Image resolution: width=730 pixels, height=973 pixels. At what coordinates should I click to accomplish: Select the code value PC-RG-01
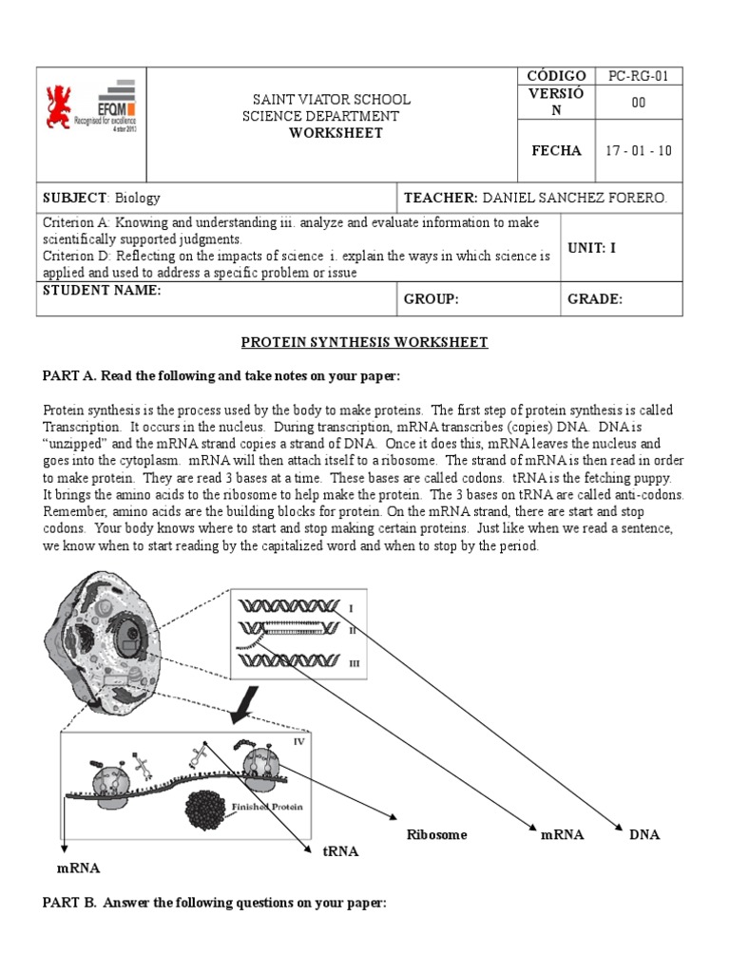[x=638, y=76]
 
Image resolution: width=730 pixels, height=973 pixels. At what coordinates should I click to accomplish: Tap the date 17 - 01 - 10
[x=638, y=150]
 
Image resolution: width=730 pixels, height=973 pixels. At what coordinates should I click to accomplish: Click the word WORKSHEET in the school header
[x=336, y=133]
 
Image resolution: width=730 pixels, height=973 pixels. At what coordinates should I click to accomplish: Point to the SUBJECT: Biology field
[x=102, y=198]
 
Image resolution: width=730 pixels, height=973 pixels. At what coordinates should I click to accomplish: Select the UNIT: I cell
[x=592, y=248]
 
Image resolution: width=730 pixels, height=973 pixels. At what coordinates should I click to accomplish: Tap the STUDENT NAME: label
[x=102, y=291]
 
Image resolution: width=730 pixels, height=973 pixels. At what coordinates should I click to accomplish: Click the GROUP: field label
[x=432, y=299]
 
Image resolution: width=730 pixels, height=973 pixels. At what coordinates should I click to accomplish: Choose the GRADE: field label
[x=595, y=299]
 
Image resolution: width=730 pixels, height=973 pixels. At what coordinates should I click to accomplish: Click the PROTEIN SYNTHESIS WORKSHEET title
[x=364, y=342]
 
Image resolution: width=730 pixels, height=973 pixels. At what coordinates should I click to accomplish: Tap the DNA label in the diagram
[x=644, y=835]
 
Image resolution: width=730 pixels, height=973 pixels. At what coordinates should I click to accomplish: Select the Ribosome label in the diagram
[x=436, y=835]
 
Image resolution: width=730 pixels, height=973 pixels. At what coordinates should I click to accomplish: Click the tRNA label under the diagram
[x=339, y=851]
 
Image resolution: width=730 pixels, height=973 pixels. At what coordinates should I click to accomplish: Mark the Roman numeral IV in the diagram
[x=299, y=741]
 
